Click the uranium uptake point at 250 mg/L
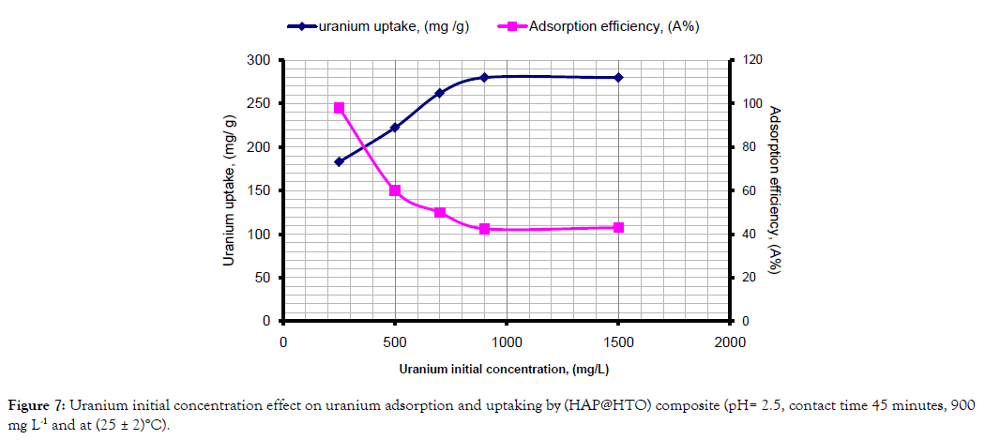click(x=340, y=161)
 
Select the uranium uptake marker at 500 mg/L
click(x=395, y=128)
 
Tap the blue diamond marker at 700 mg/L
click(x=440, y=93)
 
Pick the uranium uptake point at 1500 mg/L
click(x=618, y=77)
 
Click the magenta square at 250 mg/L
click(x=340, y=108)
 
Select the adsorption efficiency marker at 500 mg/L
click(x=395, y=190)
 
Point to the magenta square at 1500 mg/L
click(x=618, y=228)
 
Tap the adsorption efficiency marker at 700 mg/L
click(x=440, y=213)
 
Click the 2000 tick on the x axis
click(x=730, y=341)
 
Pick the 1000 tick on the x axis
click(x=507, y=341)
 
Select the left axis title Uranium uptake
click(x=229, y=190)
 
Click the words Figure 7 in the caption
click(x=36, y=404)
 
